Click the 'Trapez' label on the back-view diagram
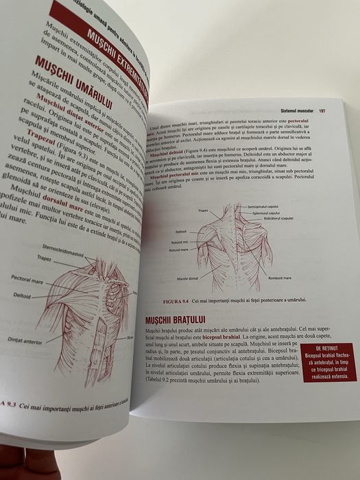(x=202, y=211)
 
